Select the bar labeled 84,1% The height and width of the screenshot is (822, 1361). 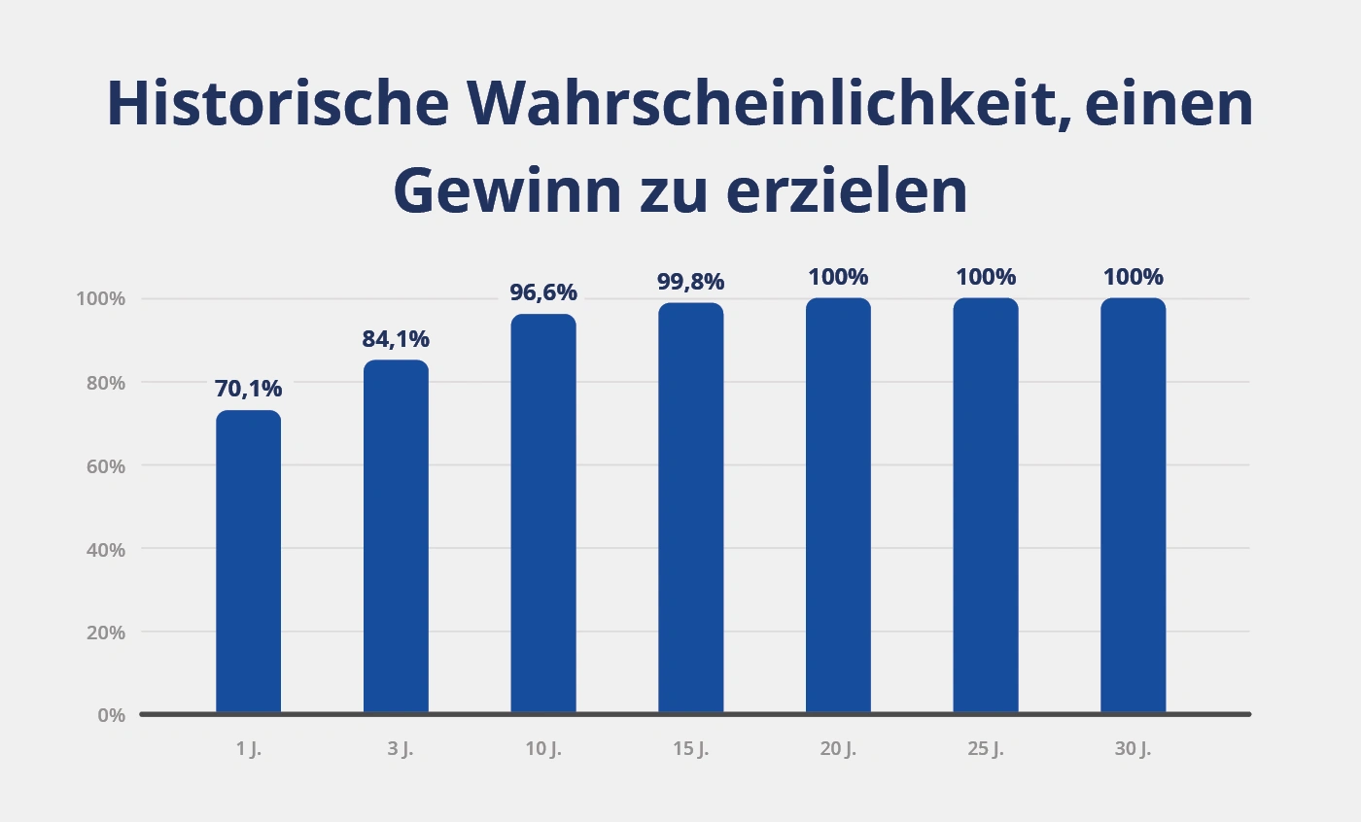coord(396,536)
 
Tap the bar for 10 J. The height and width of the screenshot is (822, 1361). coord(543,514)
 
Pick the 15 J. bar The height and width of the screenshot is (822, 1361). coord(690,508)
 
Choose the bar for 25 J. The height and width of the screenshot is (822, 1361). coord(986,505)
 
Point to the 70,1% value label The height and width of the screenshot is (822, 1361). coord(248,390)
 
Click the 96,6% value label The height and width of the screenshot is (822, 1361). coord(543,292)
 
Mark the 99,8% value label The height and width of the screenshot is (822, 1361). coord(690,282)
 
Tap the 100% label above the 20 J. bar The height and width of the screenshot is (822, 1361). coord(838,277)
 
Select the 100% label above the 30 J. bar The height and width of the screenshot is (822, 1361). coord(1133,277)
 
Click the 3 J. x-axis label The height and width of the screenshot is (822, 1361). coord(396,750)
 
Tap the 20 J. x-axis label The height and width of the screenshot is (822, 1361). coord(838,750)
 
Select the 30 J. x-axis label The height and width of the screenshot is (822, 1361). coord(1133,750)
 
